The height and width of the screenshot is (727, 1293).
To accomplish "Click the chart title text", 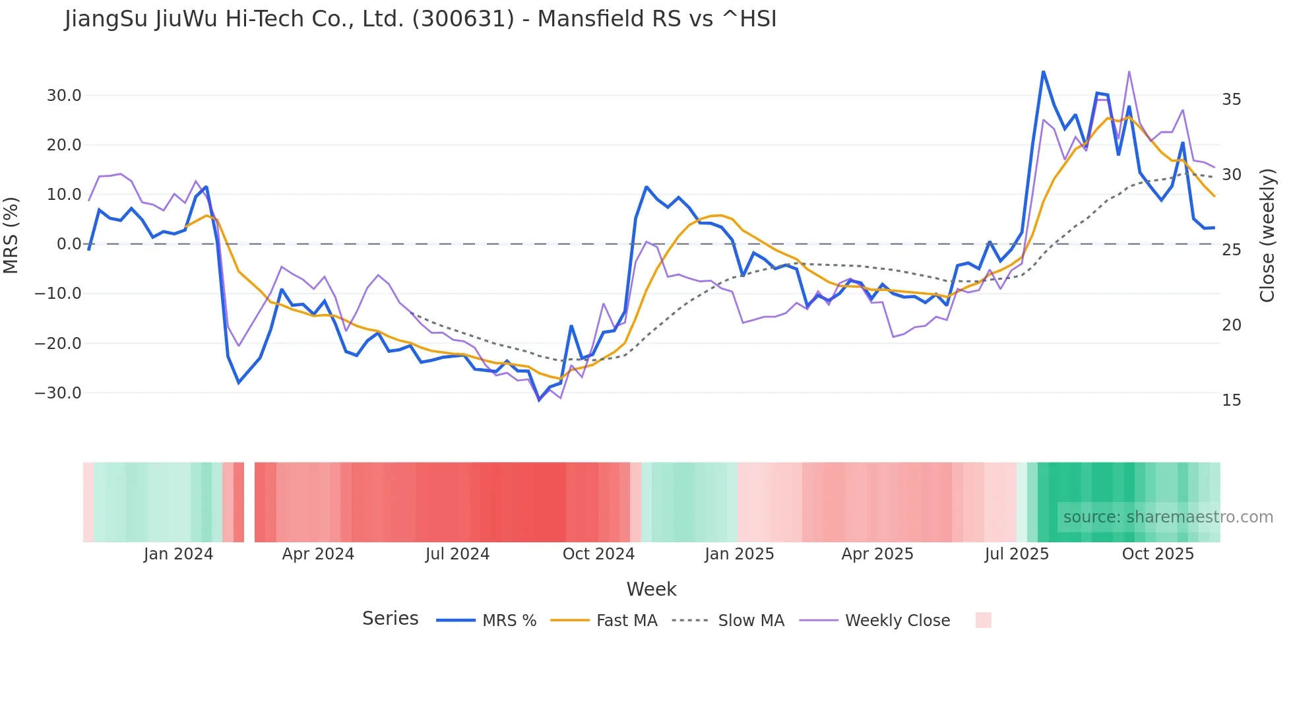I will coord(420,19).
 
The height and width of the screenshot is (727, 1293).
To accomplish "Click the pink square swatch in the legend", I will coord(983,620).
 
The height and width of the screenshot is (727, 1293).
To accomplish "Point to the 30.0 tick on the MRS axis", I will coord(64,96).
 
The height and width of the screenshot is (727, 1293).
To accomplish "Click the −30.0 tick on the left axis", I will coord(58,393).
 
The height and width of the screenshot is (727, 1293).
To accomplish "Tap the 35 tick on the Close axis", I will coord(1232,100).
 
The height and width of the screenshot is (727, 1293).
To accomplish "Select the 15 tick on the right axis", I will coord(1232,400).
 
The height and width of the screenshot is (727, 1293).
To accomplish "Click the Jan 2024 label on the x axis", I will coord(178,554).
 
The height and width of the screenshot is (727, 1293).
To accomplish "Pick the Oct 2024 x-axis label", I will coord(598,554).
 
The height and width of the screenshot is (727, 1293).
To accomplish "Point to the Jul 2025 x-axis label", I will coord(1017,554).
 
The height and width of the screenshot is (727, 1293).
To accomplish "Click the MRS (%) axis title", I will coord(11,235).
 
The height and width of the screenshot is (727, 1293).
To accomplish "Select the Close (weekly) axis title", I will coord(1267,236).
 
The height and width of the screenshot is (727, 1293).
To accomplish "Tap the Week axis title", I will coord(651,589).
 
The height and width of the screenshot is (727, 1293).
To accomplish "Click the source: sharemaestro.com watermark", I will coord(1168,517).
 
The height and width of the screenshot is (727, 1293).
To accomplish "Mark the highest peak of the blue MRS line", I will coord(1043,71).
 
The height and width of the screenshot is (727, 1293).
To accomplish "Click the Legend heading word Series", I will coord(390,619).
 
